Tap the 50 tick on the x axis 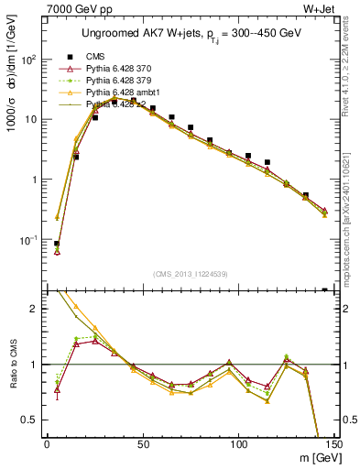coord(142,443)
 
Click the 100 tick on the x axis coord(238,443)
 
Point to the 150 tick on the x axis coord(333,443)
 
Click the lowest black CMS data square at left coord(57,245)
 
